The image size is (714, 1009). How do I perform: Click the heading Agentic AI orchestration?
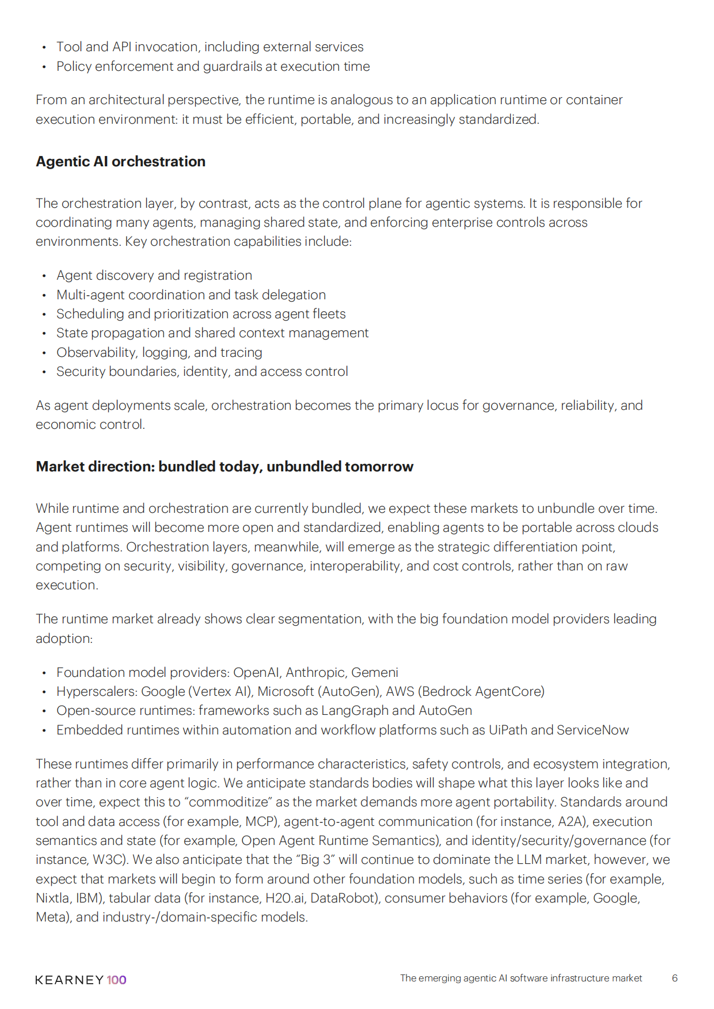click(x=120, y=162)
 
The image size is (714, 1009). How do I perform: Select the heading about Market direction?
click(x=225, y=467)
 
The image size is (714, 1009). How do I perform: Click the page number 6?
click(x=674, y=978)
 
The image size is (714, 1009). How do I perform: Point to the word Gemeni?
click(x=374, y=672)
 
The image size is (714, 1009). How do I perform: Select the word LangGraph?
click(x=355, y=711)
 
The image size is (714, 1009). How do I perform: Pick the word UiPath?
click(x=507, y=730)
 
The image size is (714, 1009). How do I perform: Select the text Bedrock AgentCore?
click(x=481, y=691)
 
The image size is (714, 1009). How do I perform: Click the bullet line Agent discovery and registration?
click(x=154, y=276)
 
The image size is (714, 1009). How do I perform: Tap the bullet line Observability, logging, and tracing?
click(x=159, y=352)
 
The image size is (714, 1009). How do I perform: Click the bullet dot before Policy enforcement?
click(x=44, y=67)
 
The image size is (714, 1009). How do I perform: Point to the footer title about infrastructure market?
click(x=521, y=978)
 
